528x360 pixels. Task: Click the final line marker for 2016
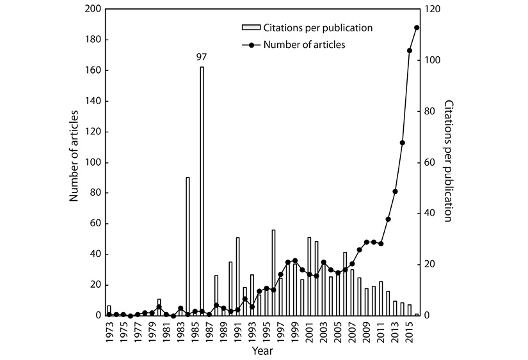417,27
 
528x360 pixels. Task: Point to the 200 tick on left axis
93,9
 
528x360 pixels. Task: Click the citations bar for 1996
273,272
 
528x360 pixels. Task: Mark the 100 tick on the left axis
93,162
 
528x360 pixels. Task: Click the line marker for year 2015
410,51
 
